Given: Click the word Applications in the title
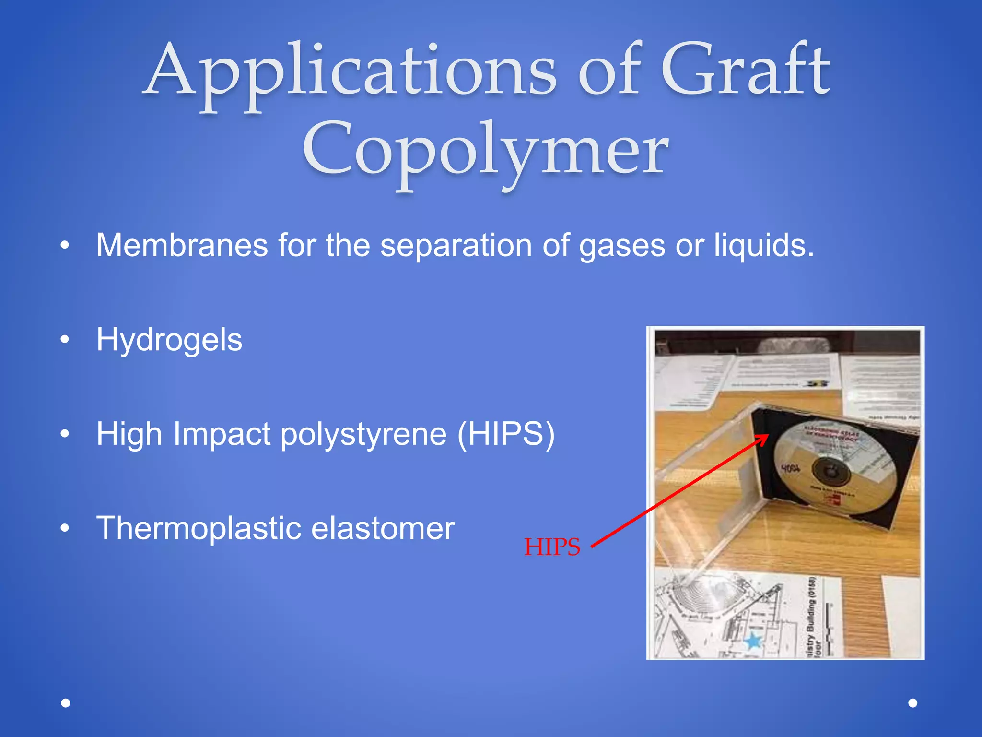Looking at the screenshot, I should (x=350, y=72).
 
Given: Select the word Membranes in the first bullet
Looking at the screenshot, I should (x=182, y=245).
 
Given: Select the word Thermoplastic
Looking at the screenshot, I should (x=198, y=528).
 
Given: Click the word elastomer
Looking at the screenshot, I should (x=383, y=528).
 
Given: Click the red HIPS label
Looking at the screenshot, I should (x=552, y=547).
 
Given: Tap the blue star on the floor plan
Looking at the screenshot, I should (x=753, y=641).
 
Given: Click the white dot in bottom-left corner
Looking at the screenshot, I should (x=66, y=703).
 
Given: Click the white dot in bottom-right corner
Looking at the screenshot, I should (x=913, y=703).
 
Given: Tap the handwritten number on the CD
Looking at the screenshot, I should (x=790, y=467).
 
